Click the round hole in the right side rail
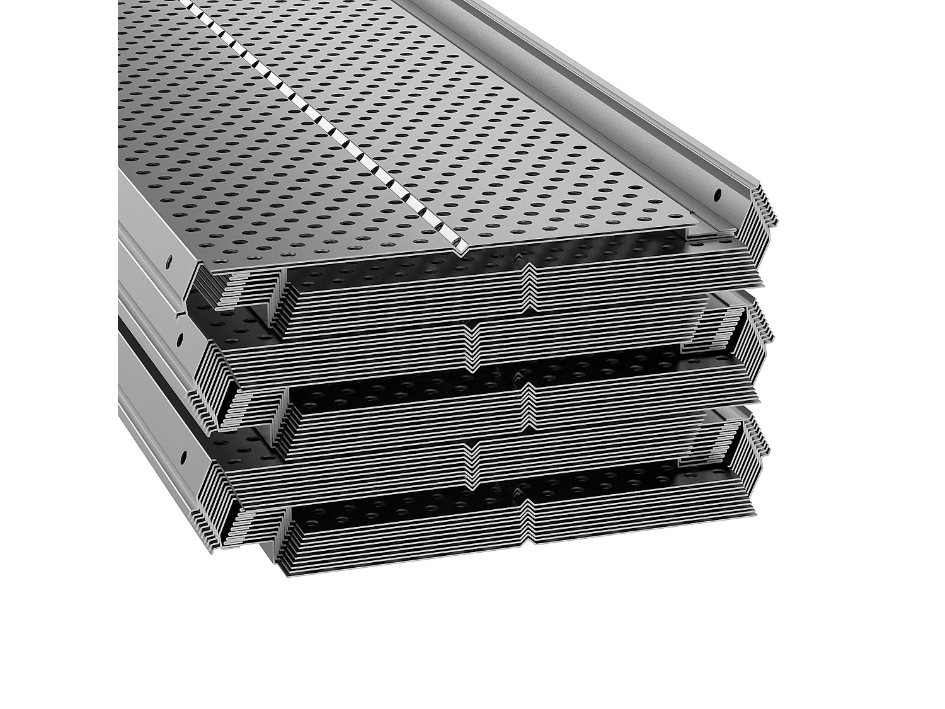pyautogui.click(x=716, y=196)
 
